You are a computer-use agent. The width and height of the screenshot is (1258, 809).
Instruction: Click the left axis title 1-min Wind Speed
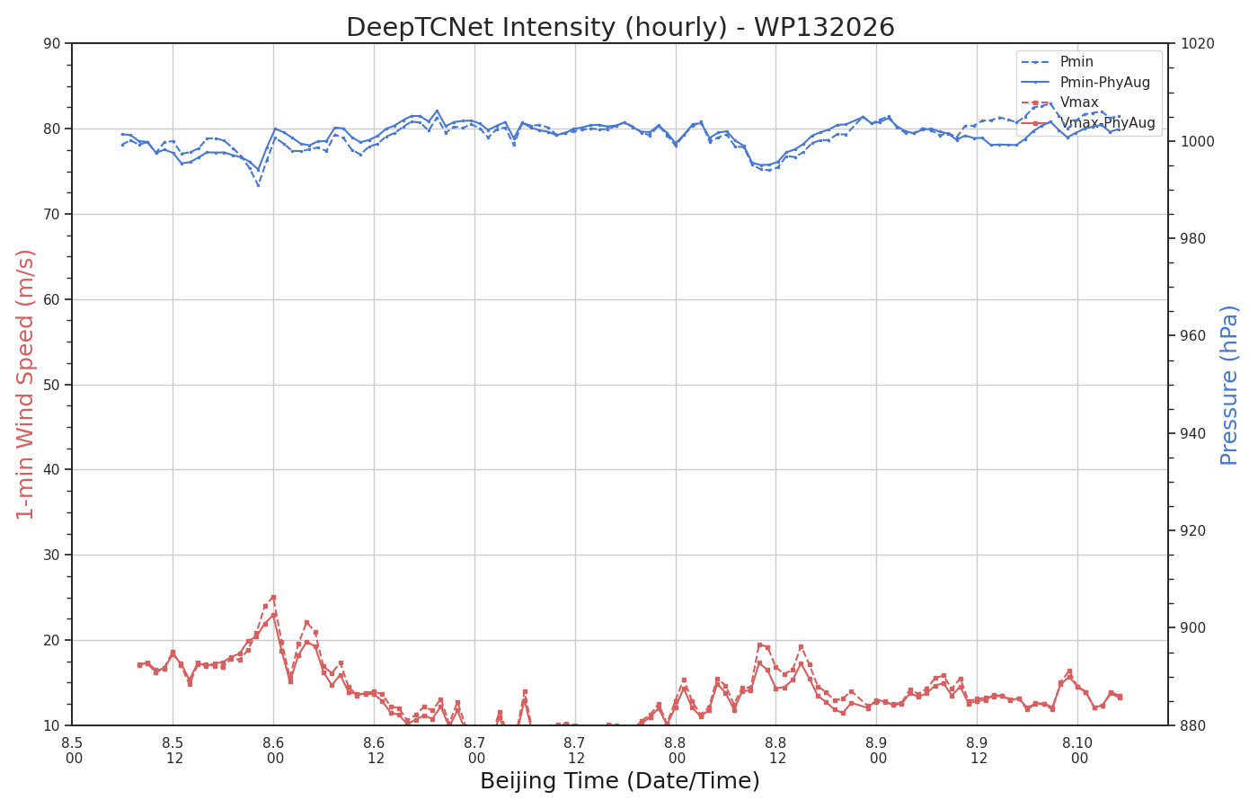(x=25, y=385)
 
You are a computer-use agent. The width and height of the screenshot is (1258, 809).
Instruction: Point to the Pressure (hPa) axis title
(x=1229, y=386)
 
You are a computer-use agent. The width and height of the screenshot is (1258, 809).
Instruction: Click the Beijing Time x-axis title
(x=619, y=781)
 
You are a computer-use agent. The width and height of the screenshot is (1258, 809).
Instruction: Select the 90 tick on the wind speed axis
(x=52, y=43)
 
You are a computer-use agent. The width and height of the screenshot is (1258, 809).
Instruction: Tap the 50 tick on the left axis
(x=52, y=385)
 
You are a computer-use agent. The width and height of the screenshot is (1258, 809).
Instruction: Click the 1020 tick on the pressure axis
(x=1197, y=43)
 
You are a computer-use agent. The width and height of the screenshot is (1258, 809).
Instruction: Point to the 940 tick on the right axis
(x=1193, y=433)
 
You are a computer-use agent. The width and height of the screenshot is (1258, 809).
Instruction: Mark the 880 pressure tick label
(x=1193, y=725)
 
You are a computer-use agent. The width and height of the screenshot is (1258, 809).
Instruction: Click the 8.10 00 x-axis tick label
(x=1077, y=751)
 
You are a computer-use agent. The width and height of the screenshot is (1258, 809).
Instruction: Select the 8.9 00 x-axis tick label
(x=877, y=751)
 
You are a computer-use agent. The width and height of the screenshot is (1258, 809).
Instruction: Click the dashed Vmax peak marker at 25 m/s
(x=273, y=597)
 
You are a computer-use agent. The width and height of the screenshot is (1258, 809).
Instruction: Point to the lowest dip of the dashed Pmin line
(x=259, y=185)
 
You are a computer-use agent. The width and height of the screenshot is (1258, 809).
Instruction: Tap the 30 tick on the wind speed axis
(x=52, y=556)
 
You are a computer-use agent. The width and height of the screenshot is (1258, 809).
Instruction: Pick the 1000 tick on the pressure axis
(x=1197, y=141)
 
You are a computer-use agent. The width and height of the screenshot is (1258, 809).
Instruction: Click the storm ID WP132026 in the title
(x=824, y=28)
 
